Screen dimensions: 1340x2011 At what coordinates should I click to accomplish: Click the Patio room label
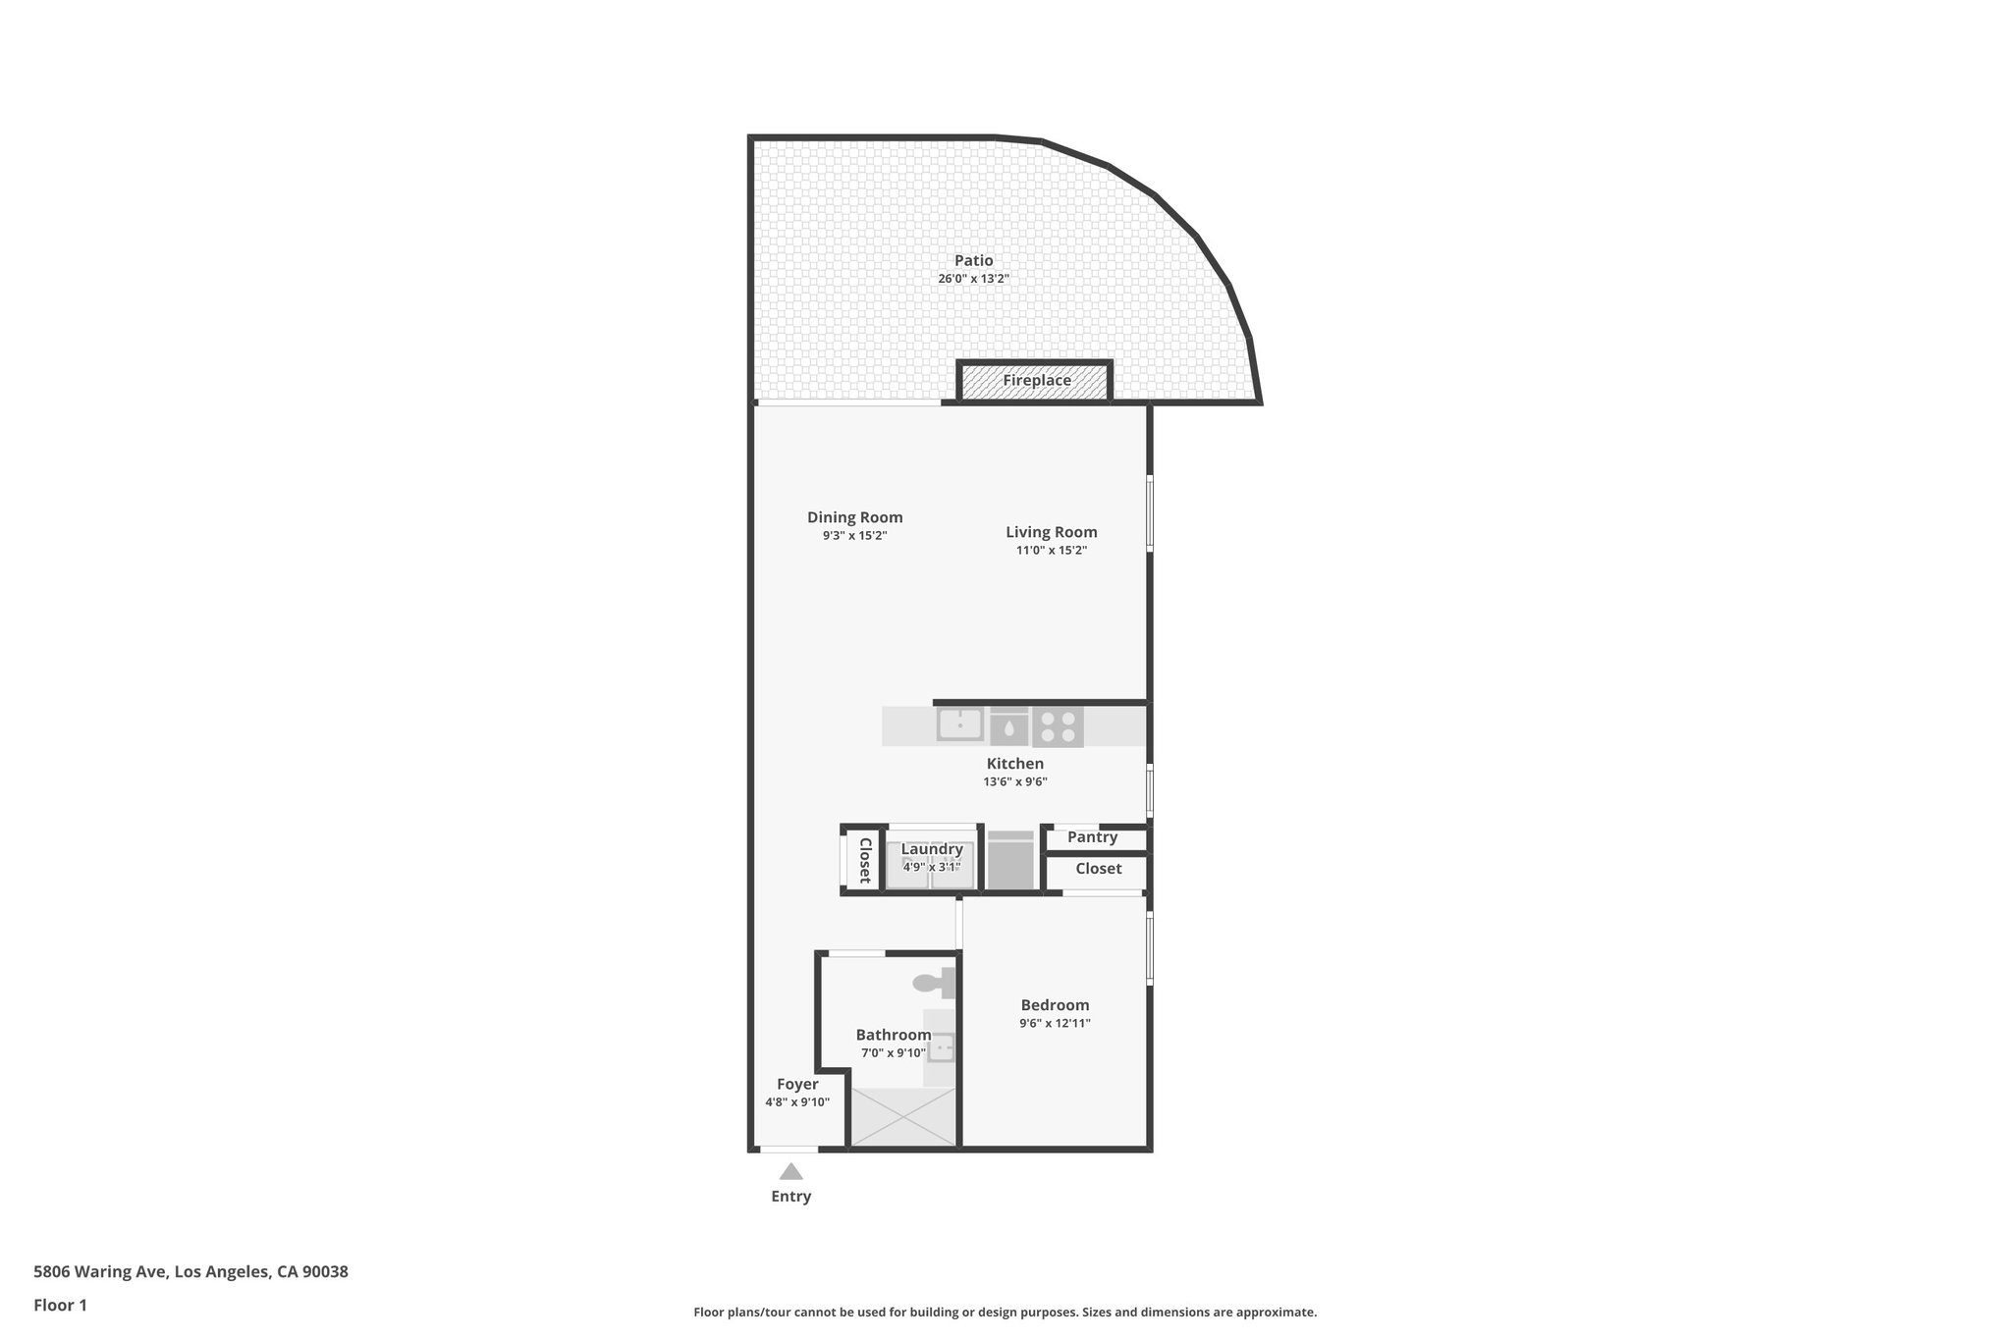tap(973, 261)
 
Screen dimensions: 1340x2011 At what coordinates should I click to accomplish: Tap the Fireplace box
tap(1036, 381)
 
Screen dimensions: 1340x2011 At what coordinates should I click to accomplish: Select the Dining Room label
tap(854, 517)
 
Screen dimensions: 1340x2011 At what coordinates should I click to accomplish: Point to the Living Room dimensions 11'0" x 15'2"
tap(1051, 551)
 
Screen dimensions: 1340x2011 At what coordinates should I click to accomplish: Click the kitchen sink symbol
tap(959, 724)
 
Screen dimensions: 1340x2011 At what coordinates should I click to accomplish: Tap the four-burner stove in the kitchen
tap(1058, 726)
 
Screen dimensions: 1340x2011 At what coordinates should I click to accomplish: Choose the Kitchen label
tap(1014, 764)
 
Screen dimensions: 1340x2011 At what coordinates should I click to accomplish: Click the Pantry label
tap(1092, 837)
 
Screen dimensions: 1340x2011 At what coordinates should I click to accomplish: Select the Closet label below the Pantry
tap(1098, 869)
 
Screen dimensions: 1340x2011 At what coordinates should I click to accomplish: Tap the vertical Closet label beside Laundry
tap(865, 860)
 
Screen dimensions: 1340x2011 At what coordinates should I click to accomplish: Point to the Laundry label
tap(932, 849)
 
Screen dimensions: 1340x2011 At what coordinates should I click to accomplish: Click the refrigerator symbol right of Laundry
tap(1010, 861)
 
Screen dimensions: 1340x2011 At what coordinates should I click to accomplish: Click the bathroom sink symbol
tap(941, 1048)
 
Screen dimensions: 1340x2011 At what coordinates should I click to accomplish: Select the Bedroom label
tap(1055, 1005)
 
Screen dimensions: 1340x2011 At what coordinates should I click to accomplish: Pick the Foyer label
tap(797, 1085)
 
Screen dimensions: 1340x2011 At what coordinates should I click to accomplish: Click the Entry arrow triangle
tap(790, 1171)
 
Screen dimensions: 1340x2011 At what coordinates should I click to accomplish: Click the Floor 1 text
tap(60, 1305)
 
